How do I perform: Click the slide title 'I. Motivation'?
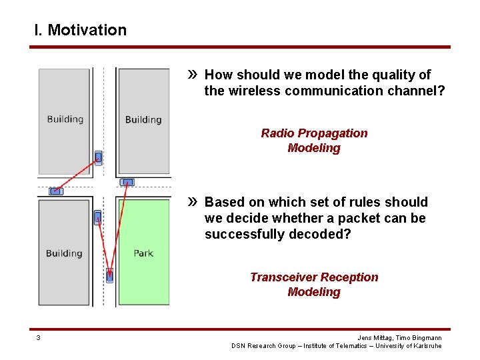point(80,30)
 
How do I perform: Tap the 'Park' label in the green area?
point(143,253)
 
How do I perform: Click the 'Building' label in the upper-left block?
point(65,119)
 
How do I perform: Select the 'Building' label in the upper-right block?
point(143,120)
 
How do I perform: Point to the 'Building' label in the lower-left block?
point(64,253)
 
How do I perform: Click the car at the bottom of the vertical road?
point(109,275)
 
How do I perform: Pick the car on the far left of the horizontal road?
point(57,191)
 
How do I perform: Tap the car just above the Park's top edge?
point(127,182)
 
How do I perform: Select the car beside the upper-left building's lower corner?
point(98,158)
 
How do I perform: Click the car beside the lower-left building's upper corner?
point(97,217)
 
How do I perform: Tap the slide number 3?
point(38,338)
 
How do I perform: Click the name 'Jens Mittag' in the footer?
point(375,338)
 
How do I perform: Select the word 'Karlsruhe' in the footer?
point(427,346)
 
